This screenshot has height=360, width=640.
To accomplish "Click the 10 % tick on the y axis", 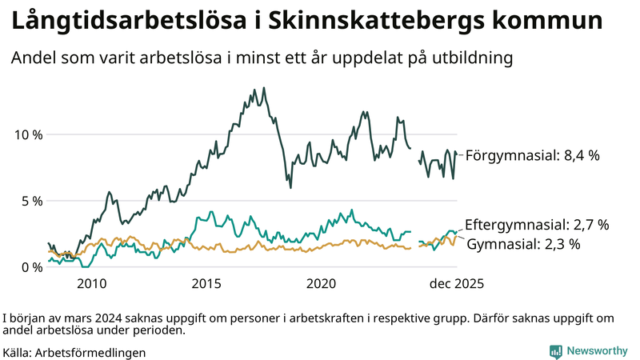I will tap(26, 134).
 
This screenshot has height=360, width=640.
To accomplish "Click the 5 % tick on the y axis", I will tap(29, 200).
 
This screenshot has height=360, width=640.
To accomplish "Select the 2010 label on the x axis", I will tap(91, 283).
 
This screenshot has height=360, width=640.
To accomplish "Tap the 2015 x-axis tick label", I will tap(206, 283).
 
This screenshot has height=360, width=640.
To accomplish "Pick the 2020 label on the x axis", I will tap(321, 283).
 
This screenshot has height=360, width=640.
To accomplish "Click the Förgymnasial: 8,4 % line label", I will tap(532, 156).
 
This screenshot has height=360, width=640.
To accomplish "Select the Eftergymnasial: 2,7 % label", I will tap(537, 225).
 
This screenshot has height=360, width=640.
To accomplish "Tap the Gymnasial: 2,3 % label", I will tap(523, 243).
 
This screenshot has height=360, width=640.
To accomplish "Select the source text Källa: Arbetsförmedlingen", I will tap(74, 352).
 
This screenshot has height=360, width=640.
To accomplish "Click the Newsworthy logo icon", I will tap(555, 351).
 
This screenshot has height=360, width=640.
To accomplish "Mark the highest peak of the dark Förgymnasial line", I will tap(265, 88).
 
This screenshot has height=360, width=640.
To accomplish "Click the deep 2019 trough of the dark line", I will tap(290, 187).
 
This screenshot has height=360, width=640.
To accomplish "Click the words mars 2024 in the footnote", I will tap(87, 318).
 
